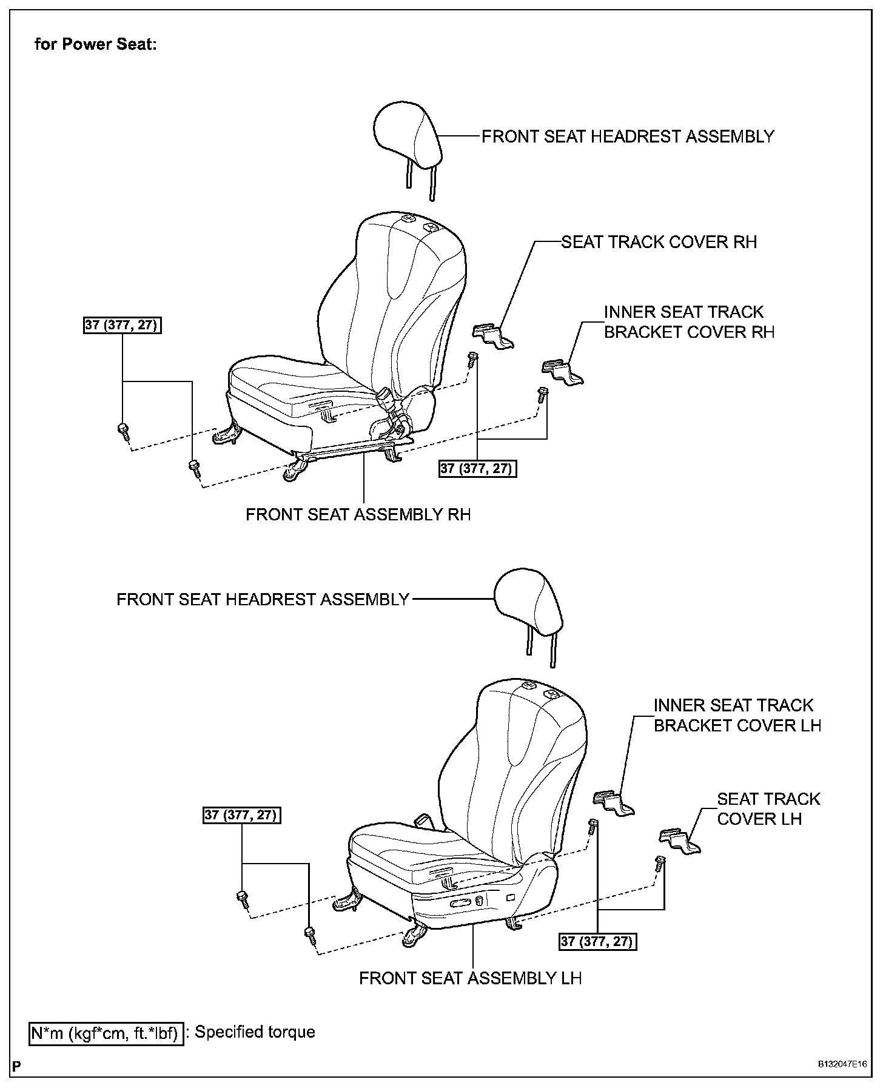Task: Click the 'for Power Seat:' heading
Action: [95, 44]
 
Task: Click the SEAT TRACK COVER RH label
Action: [659, 242]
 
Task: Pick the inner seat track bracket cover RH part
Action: [562, 372]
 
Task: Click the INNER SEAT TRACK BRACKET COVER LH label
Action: [737, 716]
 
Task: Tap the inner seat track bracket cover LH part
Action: [613, 802]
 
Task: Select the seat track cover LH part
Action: [679, 841]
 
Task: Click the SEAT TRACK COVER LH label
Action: [768, 808]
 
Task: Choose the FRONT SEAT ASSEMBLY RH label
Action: [358, 515]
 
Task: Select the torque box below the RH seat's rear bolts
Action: [478, 468]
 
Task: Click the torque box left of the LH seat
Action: [242, 815]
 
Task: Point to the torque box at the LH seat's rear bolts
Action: [597, 941]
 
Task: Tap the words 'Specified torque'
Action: [255, 1032]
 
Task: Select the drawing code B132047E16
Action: [841, 1064]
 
